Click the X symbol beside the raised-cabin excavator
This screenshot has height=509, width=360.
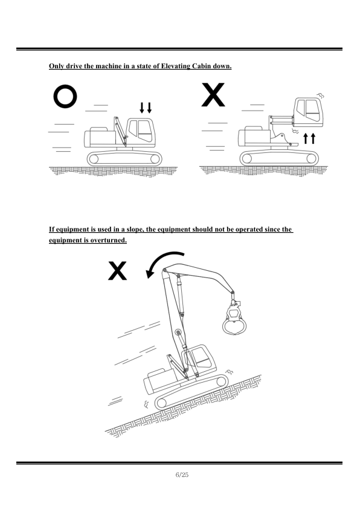pyautogui.click(x=213, y=95)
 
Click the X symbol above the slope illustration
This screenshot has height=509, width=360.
pyautogui.click(x=117, y=271)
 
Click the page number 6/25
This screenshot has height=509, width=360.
pyautogui.click(x=182, y=475)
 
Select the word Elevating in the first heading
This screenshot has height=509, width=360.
pyautogui.click(x=175, y=66)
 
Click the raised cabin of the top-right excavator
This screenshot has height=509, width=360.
pyautogui.click(x=309, y=112)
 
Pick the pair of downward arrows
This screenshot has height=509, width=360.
pyautogui.click(x=146, y=108)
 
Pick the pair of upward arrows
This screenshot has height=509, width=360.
pyautogui.click(x=309, y=138)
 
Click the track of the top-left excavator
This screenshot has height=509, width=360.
pyautogui.click(x=124, y=158)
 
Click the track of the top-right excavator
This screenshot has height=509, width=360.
pyautogui.click(x=279, y=158)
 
